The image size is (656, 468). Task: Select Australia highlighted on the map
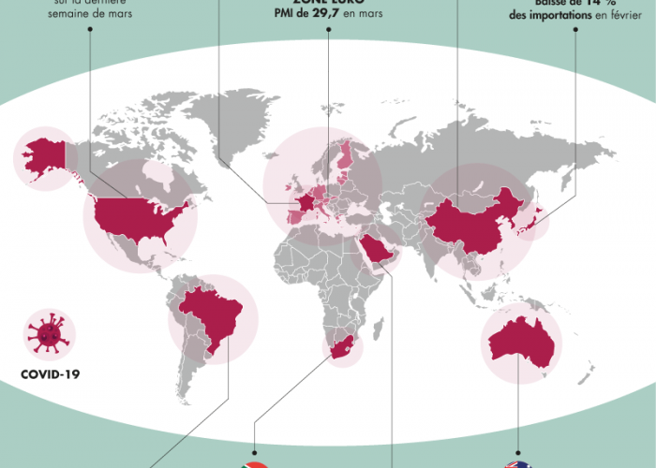[x=521, y=342]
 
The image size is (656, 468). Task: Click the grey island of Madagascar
[x=378, y=329]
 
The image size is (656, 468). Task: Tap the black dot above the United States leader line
[x=90, y=28]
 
